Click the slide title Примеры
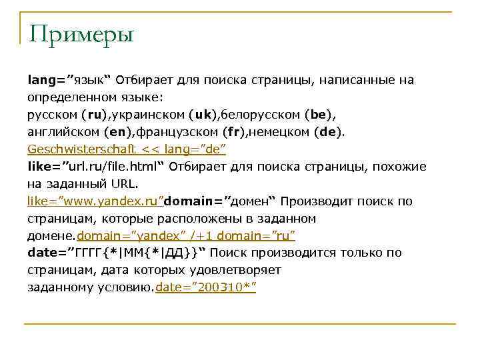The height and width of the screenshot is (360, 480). (81, 33)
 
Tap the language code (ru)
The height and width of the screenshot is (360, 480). (96, 115)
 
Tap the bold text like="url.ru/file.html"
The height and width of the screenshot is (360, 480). (97, 167)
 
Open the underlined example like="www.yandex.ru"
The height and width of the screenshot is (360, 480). (95, 201)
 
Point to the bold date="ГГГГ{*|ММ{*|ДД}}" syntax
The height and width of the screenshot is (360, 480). (117, 253)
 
